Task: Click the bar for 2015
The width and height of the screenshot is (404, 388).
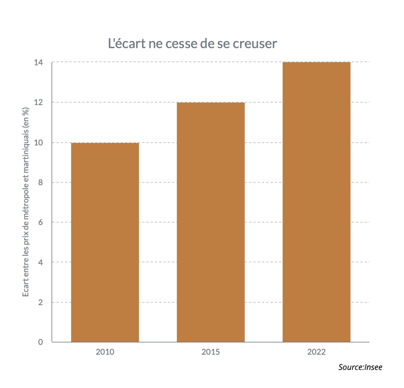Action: [x=211, y=222]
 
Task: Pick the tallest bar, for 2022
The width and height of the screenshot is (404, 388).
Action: [x=316, y=202]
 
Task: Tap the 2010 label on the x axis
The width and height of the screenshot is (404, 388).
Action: [x=105, y=352]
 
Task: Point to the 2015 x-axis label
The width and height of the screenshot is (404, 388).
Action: [x=211, y=352]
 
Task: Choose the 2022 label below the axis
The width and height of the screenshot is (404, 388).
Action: [x=316, y=352]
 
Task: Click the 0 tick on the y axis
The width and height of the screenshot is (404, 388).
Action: [x=41, y=342]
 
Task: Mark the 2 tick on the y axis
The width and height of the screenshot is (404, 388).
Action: [x=41, y=302]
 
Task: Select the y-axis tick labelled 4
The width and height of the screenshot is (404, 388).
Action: [x=41, y=262]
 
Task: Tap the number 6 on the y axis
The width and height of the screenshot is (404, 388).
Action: [x=41, y=222]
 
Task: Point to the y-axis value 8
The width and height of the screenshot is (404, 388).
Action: [x=41, y=182]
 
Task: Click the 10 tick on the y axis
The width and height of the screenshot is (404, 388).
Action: [x=38, y=143]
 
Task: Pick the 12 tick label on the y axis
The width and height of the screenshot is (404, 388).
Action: [x=38, y=103]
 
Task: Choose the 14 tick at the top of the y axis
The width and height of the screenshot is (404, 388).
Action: [x=38, y=62]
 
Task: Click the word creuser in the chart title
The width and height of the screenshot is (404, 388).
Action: [x=255, y=44]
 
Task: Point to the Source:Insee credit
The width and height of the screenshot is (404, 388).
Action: [x=360, y=367]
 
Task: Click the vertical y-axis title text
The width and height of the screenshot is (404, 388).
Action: [x=26, y=202]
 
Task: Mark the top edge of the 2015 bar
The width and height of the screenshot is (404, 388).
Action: [x=211, y=103]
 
